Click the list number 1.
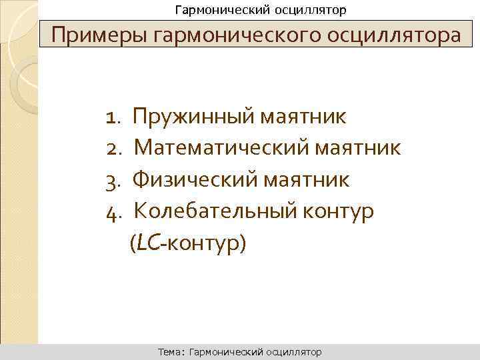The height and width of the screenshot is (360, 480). pos(111,118)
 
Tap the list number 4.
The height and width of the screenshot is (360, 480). pos(111,211)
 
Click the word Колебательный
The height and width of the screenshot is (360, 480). pos(210,211)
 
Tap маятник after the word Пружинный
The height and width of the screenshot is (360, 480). pos(303,118)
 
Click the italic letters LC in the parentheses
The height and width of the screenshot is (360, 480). pos(149,243)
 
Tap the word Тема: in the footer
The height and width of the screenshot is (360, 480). pos(172,351)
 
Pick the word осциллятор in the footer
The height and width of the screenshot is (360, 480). pos(293,351)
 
